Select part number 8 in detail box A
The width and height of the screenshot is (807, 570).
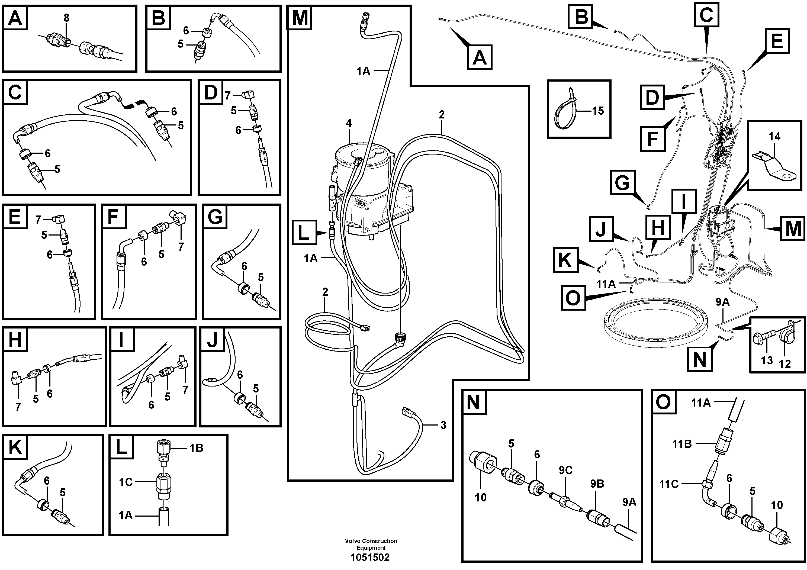(66, 18)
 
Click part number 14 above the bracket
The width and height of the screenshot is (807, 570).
(774, 137)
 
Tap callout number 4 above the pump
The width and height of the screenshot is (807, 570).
(349, 123)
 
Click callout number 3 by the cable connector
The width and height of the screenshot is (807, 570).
(443, 425)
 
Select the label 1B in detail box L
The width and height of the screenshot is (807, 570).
(196, 448)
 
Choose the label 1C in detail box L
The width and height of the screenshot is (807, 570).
(126, 482)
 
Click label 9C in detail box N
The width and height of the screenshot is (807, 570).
(565, 470)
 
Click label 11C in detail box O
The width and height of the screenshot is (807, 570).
(668, 484)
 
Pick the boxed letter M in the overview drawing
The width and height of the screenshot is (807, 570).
(793, 229)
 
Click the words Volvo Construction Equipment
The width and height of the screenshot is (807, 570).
(371, 544)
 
